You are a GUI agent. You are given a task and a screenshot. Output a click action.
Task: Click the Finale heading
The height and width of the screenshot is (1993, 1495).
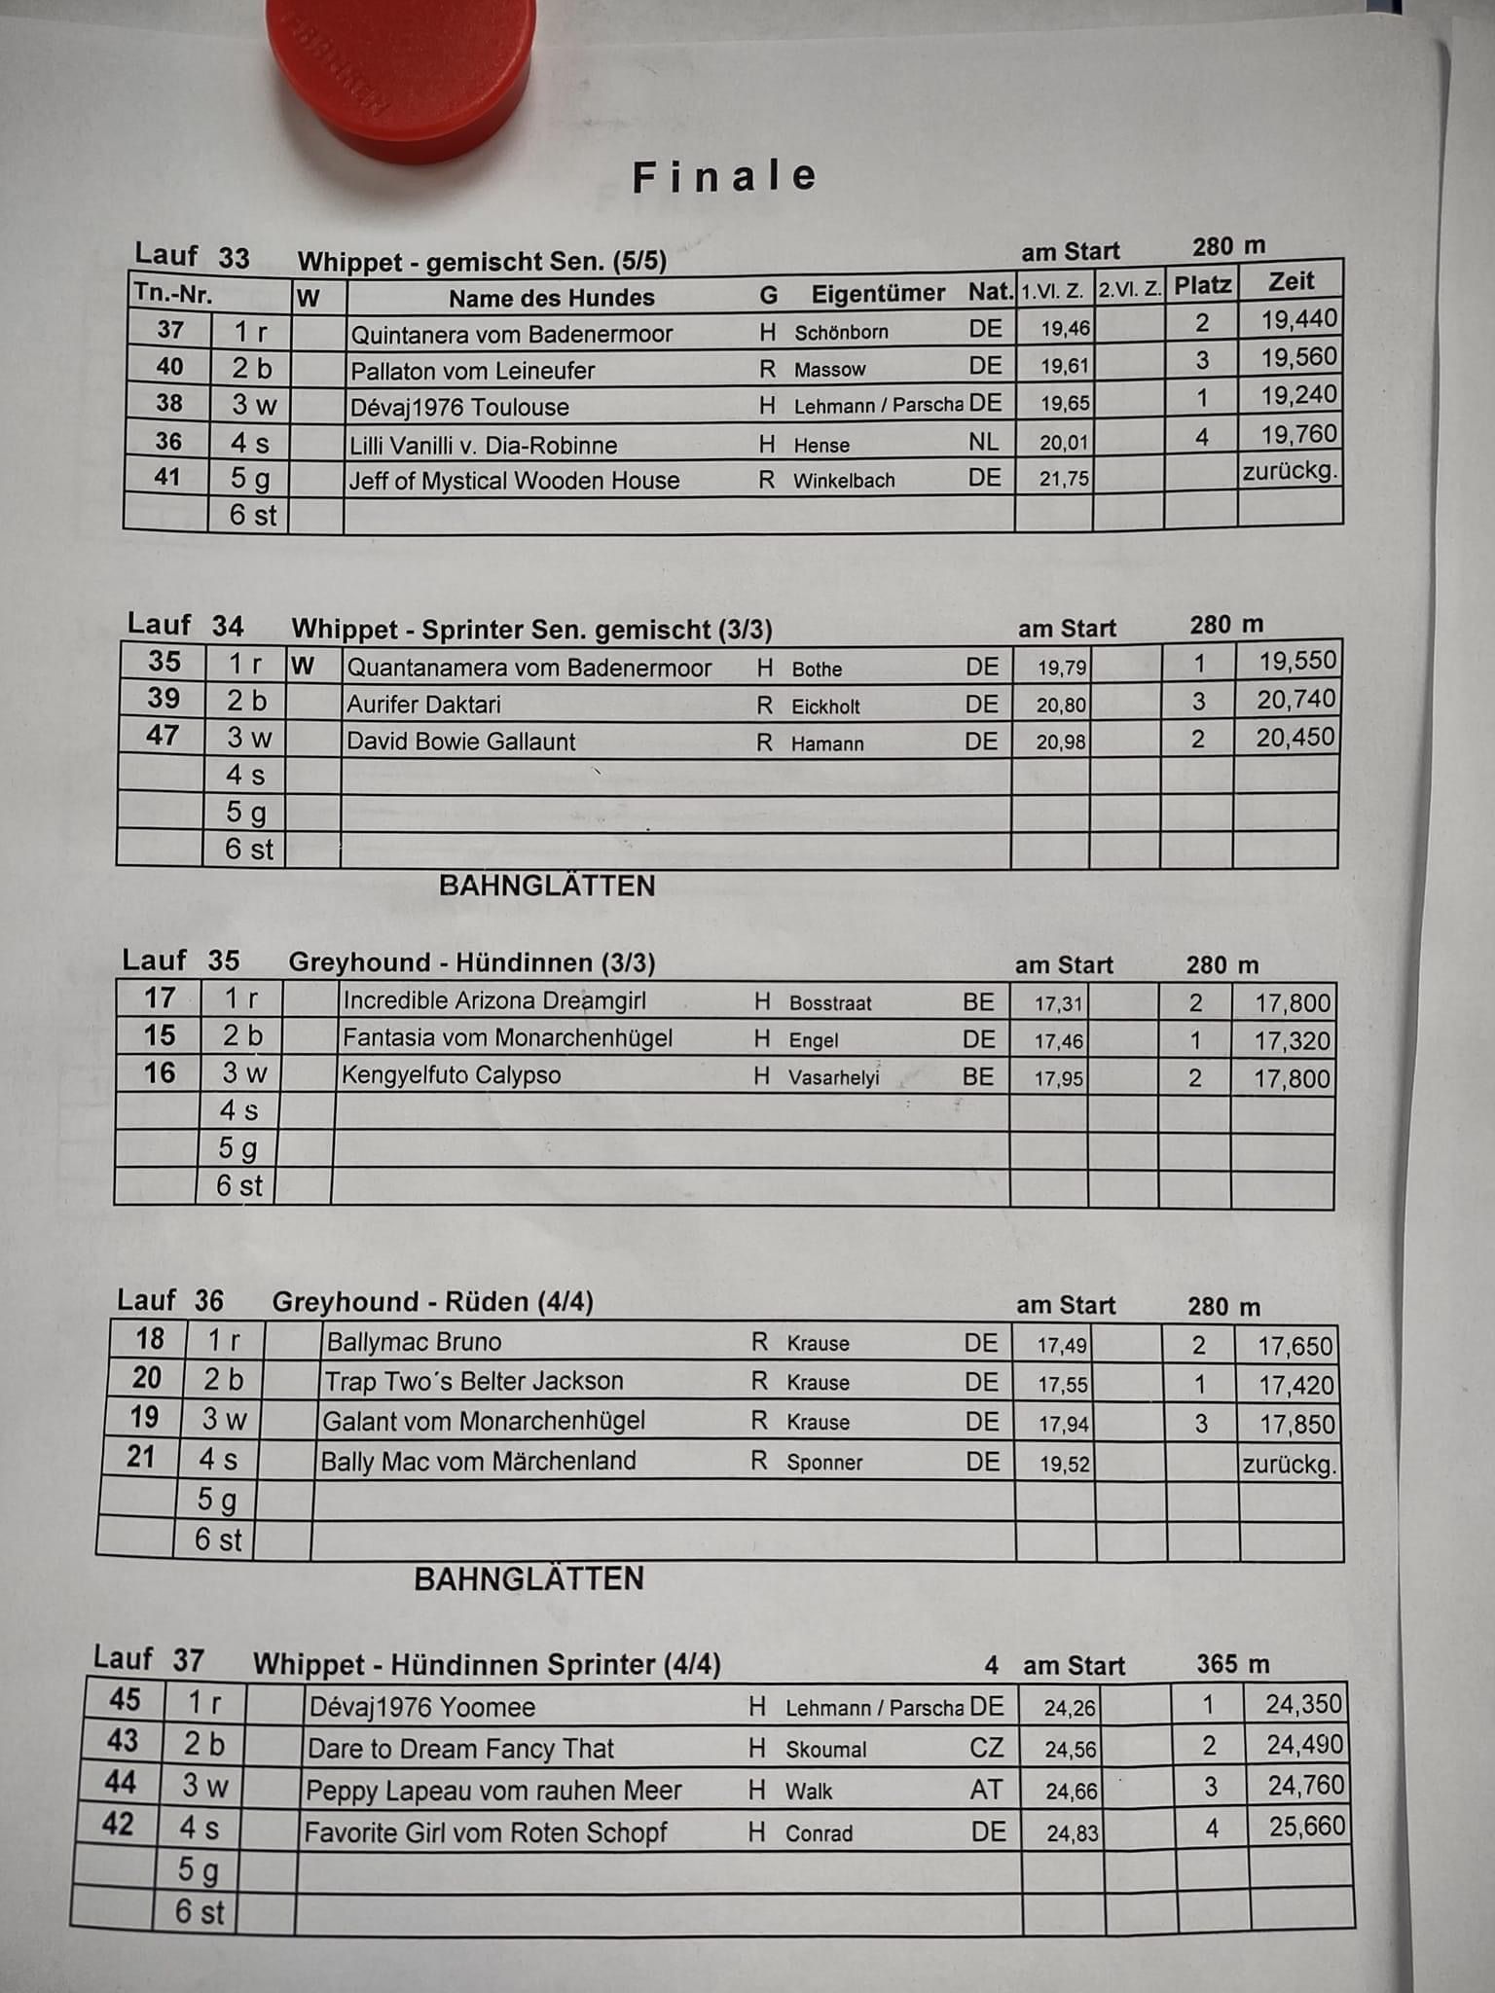[725, 177]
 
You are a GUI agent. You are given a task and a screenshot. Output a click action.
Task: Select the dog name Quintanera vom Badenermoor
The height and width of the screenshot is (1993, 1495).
[511, 335]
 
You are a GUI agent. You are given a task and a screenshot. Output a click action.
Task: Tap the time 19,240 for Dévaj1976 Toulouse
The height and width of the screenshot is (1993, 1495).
[1298, 395]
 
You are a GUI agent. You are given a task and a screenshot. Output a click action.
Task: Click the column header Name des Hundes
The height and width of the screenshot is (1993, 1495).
[551, 298]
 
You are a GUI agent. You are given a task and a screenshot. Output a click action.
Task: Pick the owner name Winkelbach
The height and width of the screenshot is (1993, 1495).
[844, 481]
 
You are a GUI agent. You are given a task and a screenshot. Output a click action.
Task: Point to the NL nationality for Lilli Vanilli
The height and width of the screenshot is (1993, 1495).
[983, 442]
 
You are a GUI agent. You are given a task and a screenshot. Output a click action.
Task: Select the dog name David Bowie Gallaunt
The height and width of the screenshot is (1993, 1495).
[460, 742]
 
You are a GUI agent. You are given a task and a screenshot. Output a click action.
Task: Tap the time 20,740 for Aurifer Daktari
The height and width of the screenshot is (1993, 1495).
[1295, 700]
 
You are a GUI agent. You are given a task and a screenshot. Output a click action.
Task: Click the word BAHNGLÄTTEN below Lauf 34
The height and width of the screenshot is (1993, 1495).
[547, 886]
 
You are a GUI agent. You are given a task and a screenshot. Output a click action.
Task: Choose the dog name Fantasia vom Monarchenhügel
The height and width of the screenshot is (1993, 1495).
[507, 1038]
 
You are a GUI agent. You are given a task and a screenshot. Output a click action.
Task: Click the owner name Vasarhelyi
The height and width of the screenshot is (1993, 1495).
[833, 1077]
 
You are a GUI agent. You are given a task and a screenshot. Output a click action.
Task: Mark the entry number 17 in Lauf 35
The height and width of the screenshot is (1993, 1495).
[160, 998]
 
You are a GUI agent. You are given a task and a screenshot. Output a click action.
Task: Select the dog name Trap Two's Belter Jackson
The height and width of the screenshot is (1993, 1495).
[473, 1382]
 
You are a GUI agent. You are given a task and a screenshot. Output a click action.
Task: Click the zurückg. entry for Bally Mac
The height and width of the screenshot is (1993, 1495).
[1290, 1465]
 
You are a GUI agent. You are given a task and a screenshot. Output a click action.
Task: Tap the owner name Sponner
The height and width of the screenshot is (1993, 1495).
[824, 1463]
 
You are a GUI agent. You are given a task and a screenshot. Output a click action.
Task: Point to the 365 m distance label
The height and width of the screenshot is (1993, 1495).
[1232, 1664]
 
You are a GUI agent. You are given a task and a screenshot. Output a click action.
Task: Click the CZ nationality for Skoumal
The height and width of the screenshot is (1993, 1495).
[986, 1748]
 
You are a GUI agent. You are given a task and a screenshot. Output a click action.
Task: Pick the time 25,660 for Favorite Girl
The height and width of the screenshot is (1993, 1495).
[1306, 1827]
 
